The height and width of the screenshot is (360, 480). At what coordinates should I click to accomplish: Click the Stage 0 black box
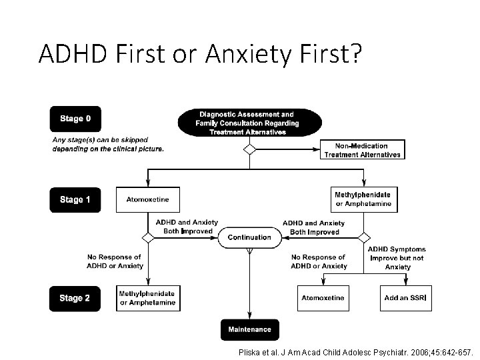tap(75, 119)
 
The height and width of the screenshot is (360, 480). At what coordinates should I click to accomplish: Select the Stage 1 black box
tap(75, 200)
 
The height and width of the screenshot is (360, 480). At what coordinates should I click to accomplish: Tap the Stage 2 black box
tap(75, 298)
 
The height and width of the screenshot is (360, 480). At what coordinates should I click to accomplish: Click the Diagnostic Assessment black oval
tap(250, 123)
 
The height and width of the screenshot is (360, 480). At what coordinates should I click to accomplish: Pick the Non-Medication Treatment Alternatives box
tap(362, 150)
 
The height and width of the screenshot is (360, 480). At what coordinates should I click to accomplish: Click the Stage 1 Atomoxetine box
tap(147, 199)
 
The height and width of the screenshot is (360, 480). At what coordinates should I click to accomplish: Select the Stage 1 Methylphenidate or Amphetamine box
tap(363, 199)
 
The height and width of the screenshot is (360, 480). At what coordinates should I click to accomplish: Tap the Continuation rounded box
tap(249, 237)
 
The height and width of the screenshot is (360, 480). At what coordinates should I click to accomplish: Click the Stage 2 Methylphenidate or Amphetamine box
tap(147, 298)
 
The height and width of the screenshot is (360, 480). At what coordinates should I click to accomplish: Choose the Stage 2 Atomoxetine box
tap(323, 298)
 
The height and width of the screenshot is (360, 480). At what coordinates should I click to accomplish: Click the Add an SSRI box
tap(405, 298)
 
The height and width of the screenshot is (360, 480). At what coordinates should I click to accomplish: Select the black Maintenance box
tap(249, 329)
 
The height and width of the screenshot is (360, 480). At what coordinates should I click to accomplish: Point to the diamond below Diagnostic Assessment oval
tap(249, 149)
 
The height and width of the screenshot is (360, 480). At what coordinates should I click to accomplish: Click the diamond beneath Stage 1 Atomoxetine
tap(148, 237)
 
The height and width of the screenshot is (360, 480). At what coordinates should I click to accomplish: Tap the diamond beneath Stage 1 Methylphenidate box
tap(363, 237)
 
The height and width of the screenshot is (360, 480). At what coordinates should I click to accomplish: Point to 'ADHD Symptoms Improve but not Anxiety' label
tap(397, 258)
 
